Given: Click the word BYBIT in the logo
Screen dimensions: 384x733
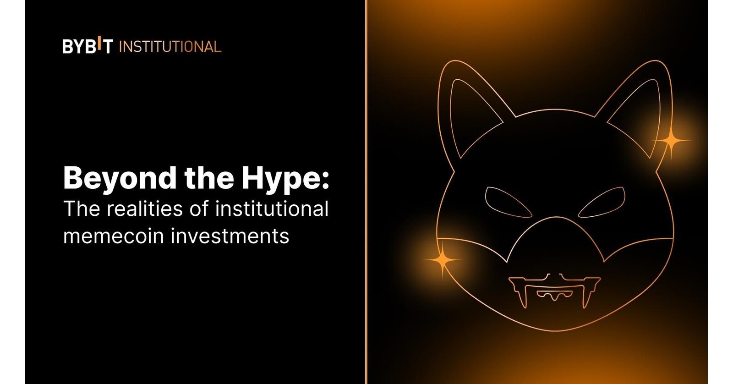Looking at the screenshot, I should click(88, 46).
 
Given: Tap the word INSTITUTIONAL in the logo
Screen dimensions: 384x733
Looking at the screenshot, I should click(170, 47).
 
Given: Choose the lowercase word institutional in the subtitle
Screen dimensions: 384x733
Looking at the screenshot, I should click(272, 209).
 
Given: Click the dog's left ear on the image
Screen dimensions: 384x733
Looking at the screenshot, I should click(467, 110).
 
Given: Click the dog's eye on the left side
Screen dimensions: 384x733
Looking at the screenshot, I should click(508, 202).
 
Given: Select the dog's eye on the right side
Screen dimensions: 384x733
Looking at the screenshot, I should click(602, 202).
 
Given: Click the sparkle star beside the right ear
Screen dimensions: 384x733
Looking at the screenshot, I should click(671, 141).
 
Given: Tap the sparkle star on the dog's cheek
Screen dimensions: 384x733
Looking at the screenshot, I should click(443, 260).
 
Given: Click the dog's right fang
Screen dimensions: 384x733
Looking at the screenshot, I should click(586, 296).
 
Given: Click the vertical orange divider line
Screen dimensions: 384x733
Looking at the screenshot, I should click(366, 192).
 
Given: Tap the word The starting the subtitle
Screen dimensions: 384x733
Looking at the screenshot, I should click(82, 209).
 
